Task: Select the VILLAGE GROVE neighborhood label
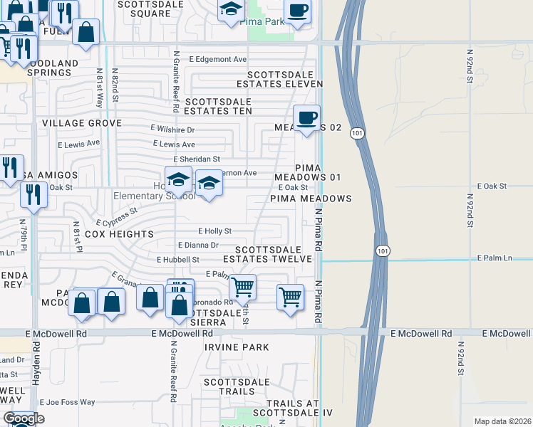[x=81, y=123]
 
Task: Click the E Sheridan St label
[x=197, y=159]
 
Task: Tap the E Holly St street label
[x=214, y=231]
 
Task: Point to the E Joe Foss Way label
[x=67, y=403]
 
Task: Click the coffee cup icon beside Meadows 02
[x=306, y=117]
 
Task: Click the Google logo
[x=24, y=418]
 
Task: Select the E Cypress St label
[x=115, y=216]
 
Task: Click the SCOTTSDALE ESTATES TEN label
[x=218, y=106]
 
